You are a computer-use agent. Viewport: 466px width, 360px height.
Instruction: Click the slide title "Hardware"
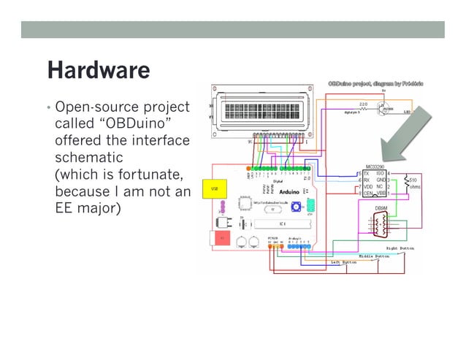pos(99,70)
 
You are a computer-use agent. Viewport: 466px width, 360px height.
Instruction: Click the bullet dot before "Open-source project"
pos(48,107)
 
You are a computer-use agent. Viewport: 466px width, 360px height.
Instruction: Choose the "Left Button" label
pos(344,261)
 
